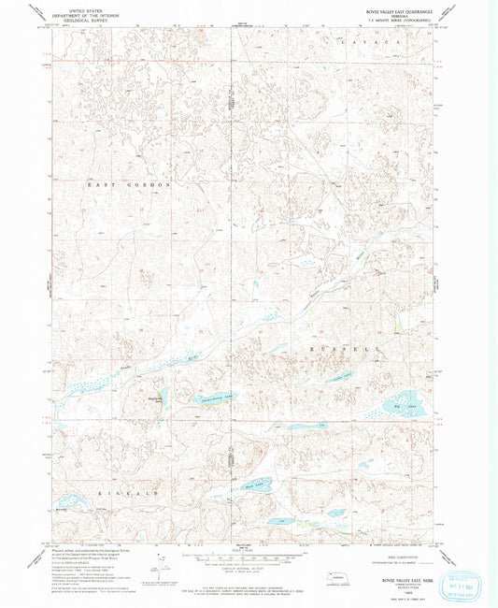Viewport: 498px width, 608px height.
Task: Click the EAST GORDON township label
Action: coord(131,185)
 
